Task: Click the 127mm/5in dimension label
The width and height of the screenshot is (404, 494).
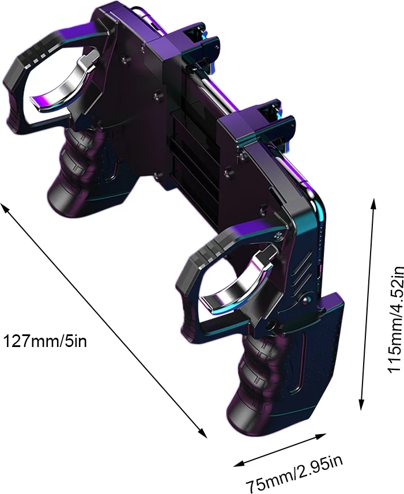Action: (45, 342)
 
